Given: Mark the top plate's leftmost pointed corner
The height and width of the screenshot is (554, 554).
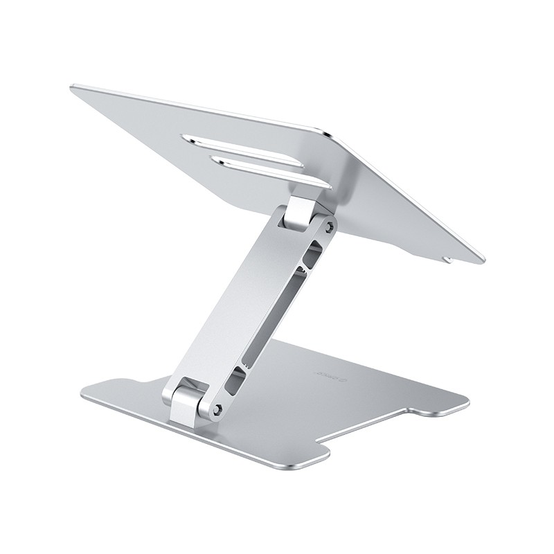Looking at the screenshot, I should [73, 87].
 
